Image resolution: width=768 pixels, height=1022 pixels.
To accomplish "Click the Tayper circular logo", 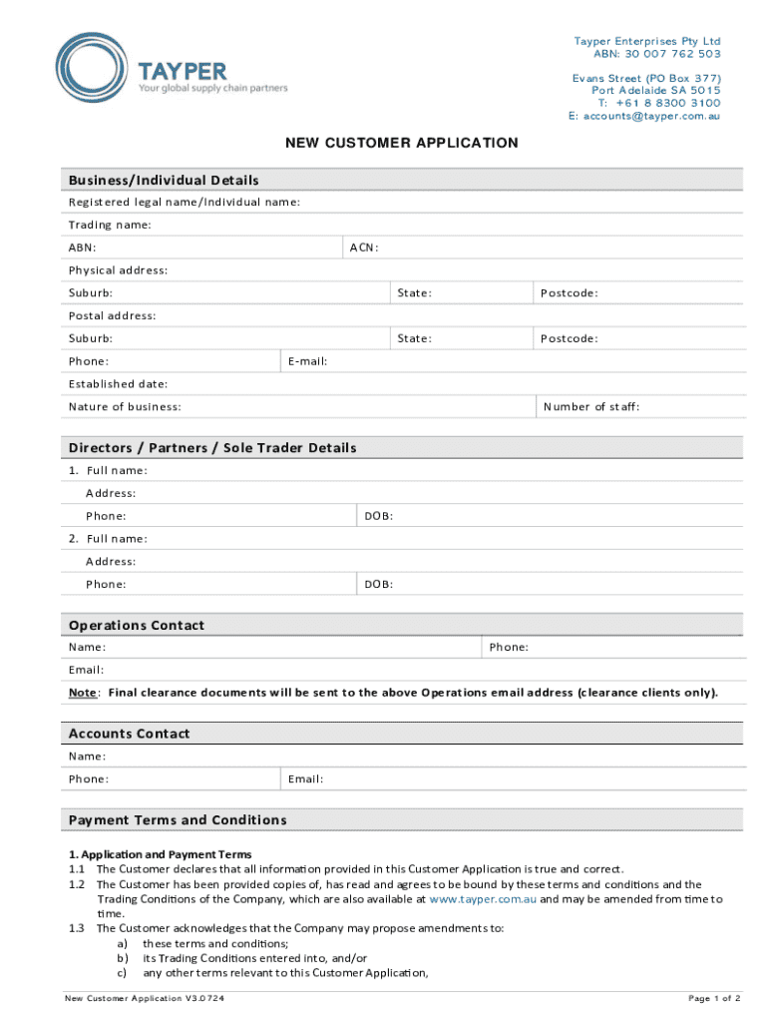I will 92,70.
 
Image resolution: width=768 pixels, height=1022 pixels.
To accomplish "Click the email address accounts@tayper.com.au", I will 652,116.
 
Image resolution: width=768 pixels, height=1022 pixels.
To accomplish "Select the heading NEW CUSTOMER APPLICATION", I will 402,143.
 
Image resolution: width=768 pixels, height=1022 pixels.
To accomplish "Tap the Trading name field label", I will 110,225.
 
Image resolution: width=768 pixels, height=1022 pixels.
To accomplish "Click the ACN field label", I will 363,248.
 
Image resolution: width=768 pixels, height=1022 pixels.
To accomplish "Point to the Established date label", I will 118,384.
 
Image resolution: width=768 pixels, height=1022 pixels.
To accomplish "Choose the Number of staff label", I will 591,407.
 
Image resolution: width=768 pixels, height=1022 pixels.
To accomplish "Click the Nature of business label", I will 125,407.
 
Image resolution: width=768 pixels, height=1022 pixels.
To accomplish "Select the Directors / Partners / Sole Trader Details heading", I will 212,448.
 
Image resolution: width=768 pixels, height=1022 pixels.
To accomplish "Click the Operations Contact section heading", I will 137,626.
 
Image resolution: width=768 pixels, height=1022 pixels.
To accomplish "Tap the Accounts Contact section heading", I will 129,734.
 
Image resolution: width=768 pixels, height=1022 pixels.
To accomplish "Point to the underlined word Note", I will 83,693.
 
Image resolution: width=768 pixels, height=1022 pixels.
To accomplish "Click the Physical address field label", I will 118,270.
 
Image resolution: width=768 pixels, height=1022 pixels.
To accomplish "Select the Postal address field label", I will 112,316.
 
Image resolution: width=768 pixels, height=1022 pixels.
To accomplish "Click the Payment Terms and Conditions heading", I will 178,820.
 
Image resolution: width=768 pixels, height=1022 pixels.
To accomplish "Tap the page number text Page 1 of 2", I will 714,998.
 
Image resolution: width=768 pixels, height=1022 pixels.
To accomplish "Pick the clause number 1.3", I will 76,928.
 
